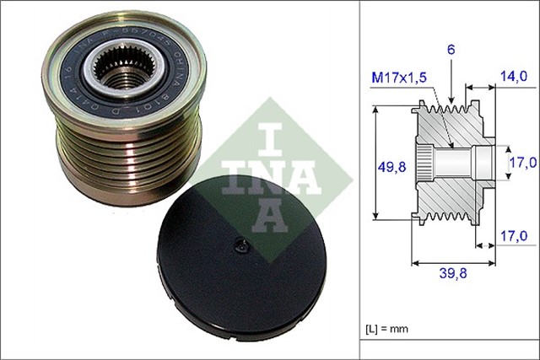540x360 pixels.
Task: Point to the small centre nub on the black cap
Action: click(x=240, y=247)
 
